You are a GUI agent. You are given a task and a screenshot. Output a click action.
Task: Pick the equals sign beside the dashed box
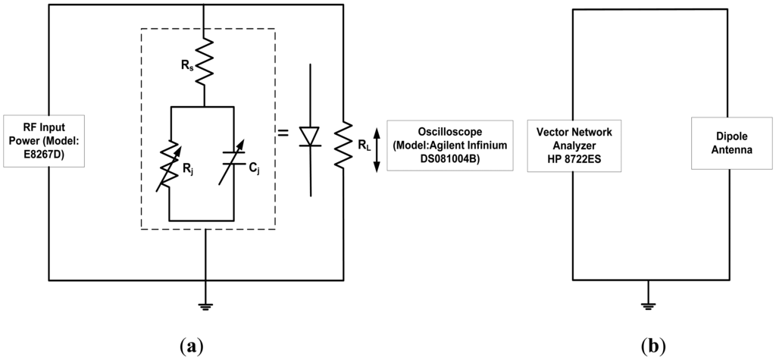point(283,133)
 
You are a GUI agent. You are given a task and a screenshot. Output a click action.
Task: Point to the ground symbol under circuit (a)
point(204,306)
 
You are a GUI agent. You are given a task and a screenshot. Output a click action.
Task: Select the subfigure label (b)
point(653,346)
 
